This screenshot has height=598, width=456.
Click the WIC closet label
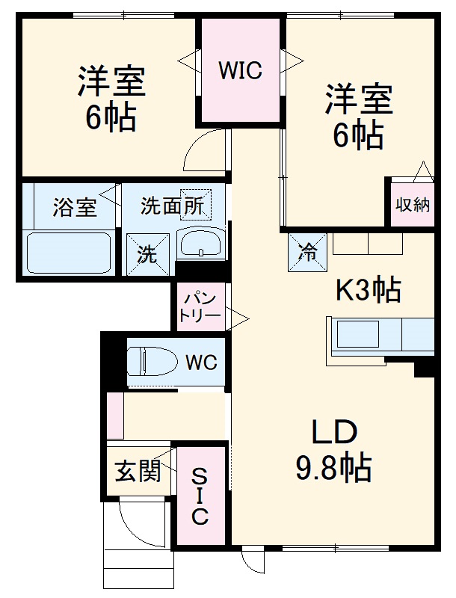[x=240, y=71]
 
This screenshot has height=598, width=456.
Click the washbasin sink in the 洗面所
[x=200, y=244]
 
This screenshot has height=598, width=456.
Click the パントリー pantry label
[x=200, y=308]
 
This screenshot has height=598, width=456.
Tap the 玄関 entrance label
[x=138, y=471]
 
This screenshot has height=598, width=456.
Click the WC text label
[x=201, y=363]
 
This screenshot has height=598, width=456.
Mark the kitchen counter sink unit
[x=380, y=334]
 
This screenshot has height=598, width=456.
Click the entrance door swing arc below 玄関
[x=142, y=527]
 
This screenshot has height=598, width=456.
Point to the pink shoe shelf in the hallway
[x=115, y=415]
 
